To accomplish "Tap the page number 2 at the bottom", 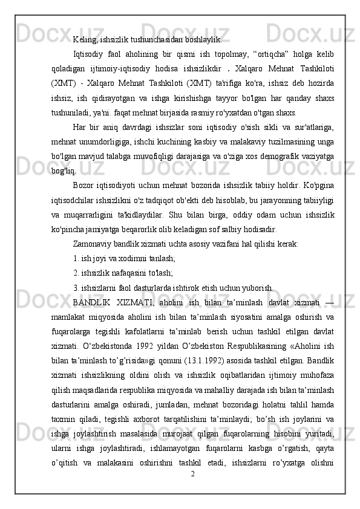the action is (192, 472).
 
